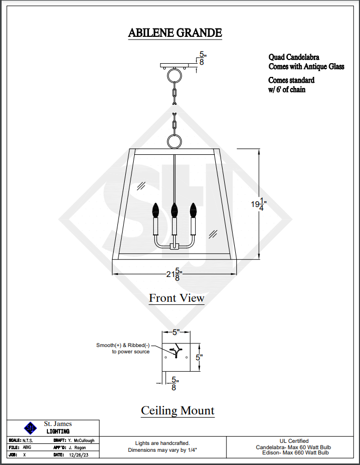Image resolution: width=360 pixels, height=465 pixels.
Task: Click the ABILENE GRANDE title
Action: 175,33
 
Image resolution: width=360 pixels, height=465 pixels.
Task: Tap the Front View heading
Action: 176,298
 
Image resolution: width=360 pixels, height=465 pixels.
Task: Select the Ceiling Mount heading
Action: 177,411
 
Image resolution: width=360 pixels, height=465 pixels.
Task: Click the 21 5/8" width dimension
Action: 174,274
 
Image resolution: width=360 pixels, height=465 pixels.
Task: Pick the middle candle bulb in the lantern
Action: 174,211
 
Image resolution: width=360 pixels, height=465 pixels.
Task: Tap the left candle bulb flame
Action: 156,211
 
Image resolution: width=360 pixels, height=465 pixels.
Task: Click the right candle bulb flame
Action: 193,211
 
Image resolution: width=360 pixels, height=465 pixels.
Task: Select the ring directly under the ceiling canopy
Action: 174,78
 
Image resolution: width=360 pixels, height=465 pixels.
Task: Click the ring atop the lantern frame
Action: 174,141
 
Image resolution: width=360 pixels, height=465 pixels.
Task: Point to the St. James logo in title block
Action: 31,427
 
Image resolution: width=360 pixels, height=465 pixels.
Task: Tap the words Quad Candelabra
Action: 294,57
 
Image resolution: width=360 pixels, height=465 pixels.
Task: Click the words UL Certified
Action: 294,441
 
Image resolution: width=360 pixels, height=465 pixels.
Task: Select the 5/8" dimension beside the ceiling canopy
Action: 202,58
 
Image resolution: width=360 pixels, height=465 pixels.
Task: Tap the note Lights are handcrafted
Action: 162,443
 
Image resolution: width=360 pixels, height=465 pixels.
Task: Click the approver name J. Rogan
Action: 77,447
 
